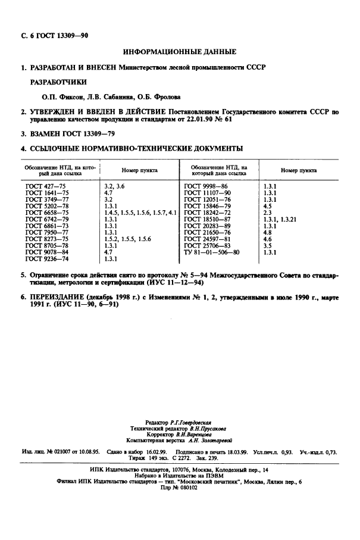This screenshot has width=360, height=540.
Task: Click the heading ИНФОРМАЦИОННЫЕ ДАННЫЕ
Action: click(180, 52)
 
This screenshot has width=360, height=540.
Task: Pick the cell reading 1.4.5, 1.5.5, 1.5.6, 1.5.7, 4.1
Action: click(140, 212)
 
